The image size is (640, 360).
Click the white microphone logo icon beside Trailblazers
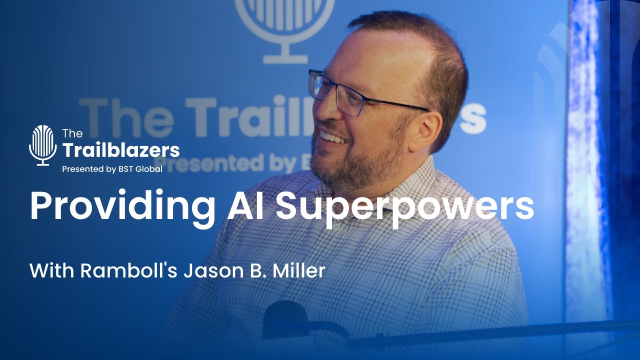[43, 145]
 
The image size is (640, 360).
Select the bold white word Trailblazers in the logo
[120, 149]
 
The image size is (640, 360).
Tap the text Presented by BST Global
[112, 169]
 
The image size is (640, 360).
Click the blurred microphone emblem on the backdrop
[284, 25]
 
